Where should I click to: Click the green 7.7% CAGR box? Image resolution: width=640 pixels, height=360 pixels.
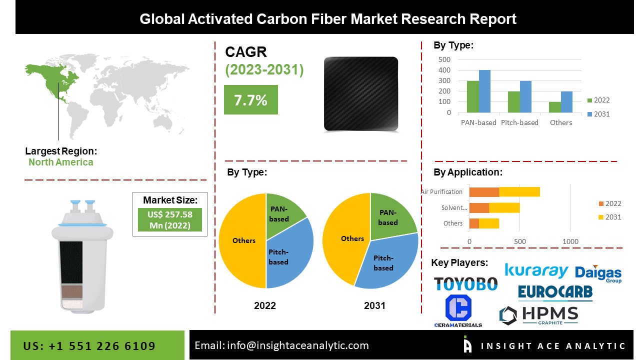[x=250, y=100]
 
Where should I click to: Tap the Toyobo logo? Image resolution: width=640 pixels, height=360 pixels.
[x=465, y=284]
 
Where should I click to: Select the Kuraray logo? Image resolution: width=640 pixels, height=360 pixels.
[x=536, y=270]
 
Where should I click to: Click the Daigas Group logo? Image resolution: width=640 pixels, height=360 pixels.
[x=598, y=273]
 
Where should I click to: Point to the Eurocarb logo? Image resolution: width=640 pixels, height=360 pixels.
[x=555, y=292]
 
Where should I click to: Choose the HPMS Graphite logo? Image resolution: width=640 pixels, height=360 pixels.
[x=538, y=315]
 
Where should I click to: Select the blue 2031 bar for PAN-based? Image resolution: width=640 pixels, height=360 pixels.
[x=484, y=91]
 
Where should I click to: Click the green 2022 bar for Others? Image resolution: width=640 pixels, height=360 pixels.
[x=554, y=107]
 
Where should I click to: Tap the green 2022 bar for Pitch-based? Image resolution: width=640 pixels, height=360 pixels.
[x=513, y=101]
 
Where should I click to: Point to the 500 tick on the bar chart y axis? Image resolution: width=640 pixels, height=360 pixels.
[x=444, y=59]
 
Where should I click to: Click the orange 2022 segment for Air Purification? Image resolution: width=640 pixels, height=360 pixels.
[x=484, y=191]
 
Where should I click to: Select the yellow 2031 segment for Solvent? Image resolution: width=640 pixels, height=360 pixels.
[x=504, y=208]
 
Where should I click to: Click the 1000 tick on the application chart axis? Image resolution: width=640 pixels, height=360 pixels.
[x=570, y=241]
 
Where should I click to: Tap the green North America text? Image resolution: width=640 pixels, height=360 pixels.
[x=60, y=162]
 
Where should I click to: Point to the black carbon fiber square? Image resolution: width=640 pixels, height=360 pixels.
[x=361, y=94]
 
